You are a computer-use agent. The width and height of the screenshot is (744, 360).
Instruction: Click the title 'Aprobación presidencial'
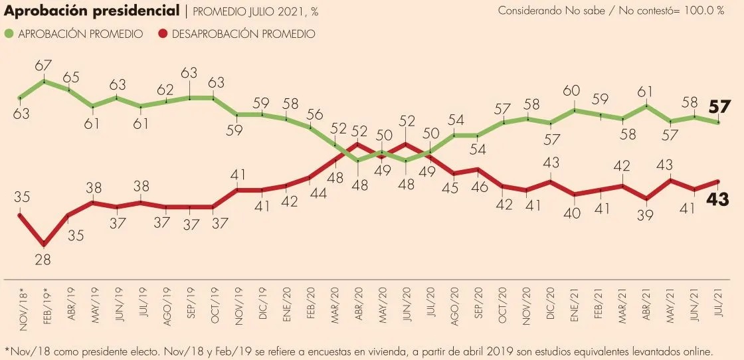coord(92,11)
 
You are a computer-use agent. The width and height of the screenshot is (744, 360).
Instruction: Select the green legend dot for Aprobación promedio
coord(10,33)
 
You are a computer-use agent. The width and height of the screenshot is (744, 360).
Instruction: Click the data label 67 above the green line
coord(45,65)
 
